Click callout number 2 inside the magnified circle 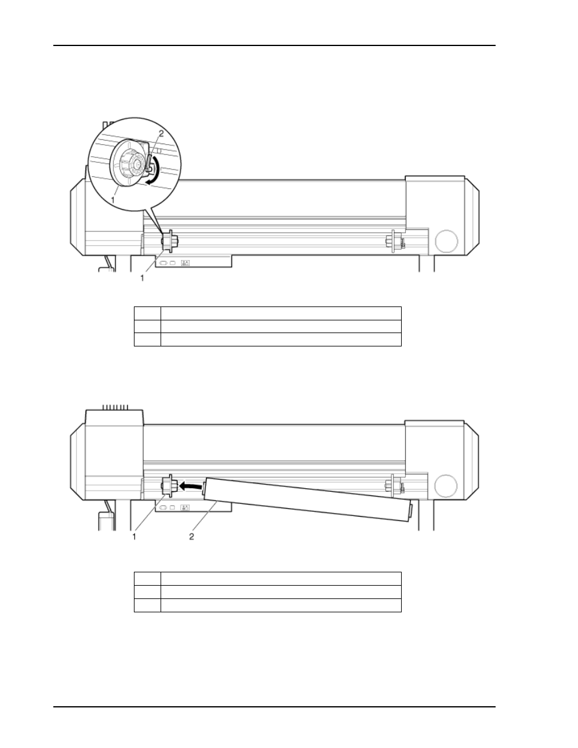(x=161, y=133)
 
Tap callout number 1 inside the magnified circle (x=113, y=199)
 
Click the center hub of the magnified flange (x=138, y=165)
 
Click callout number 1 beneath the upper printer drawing (x=142, y=278)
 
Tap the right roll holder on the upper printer (x=395, y=241)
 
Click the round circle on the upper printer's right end (x=447, y=241)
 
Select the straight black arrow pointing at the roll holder (x=190, y=486)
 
